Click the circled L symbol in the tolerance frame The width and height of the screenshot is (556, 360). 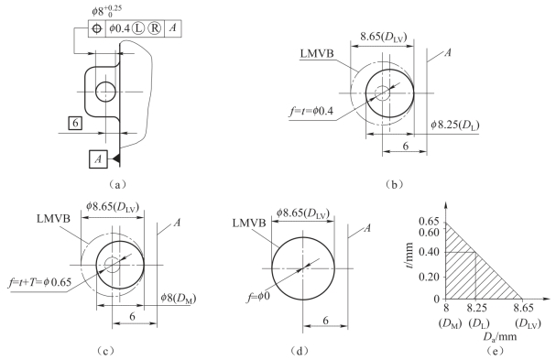click(x=138, y=28)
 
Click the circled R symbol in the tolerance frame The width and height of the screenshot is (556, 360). click(x=154, y=28)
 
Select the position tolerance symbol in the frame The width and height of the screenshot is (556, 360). click(x=97, y=28)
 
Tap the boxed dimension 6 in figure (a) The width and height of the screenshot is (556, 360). click(x=75, y=123)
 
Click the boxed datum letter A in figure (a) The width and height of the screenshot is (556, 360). click(x=98, y=158)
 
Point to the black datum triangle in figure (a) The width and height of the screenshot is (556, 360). click(x=116, y=158)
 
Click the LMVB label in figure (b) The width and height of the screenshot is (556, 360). click(x=317, y=53)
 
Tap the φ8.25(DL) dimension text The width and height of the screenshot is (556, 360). click(x=455, y=125)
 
